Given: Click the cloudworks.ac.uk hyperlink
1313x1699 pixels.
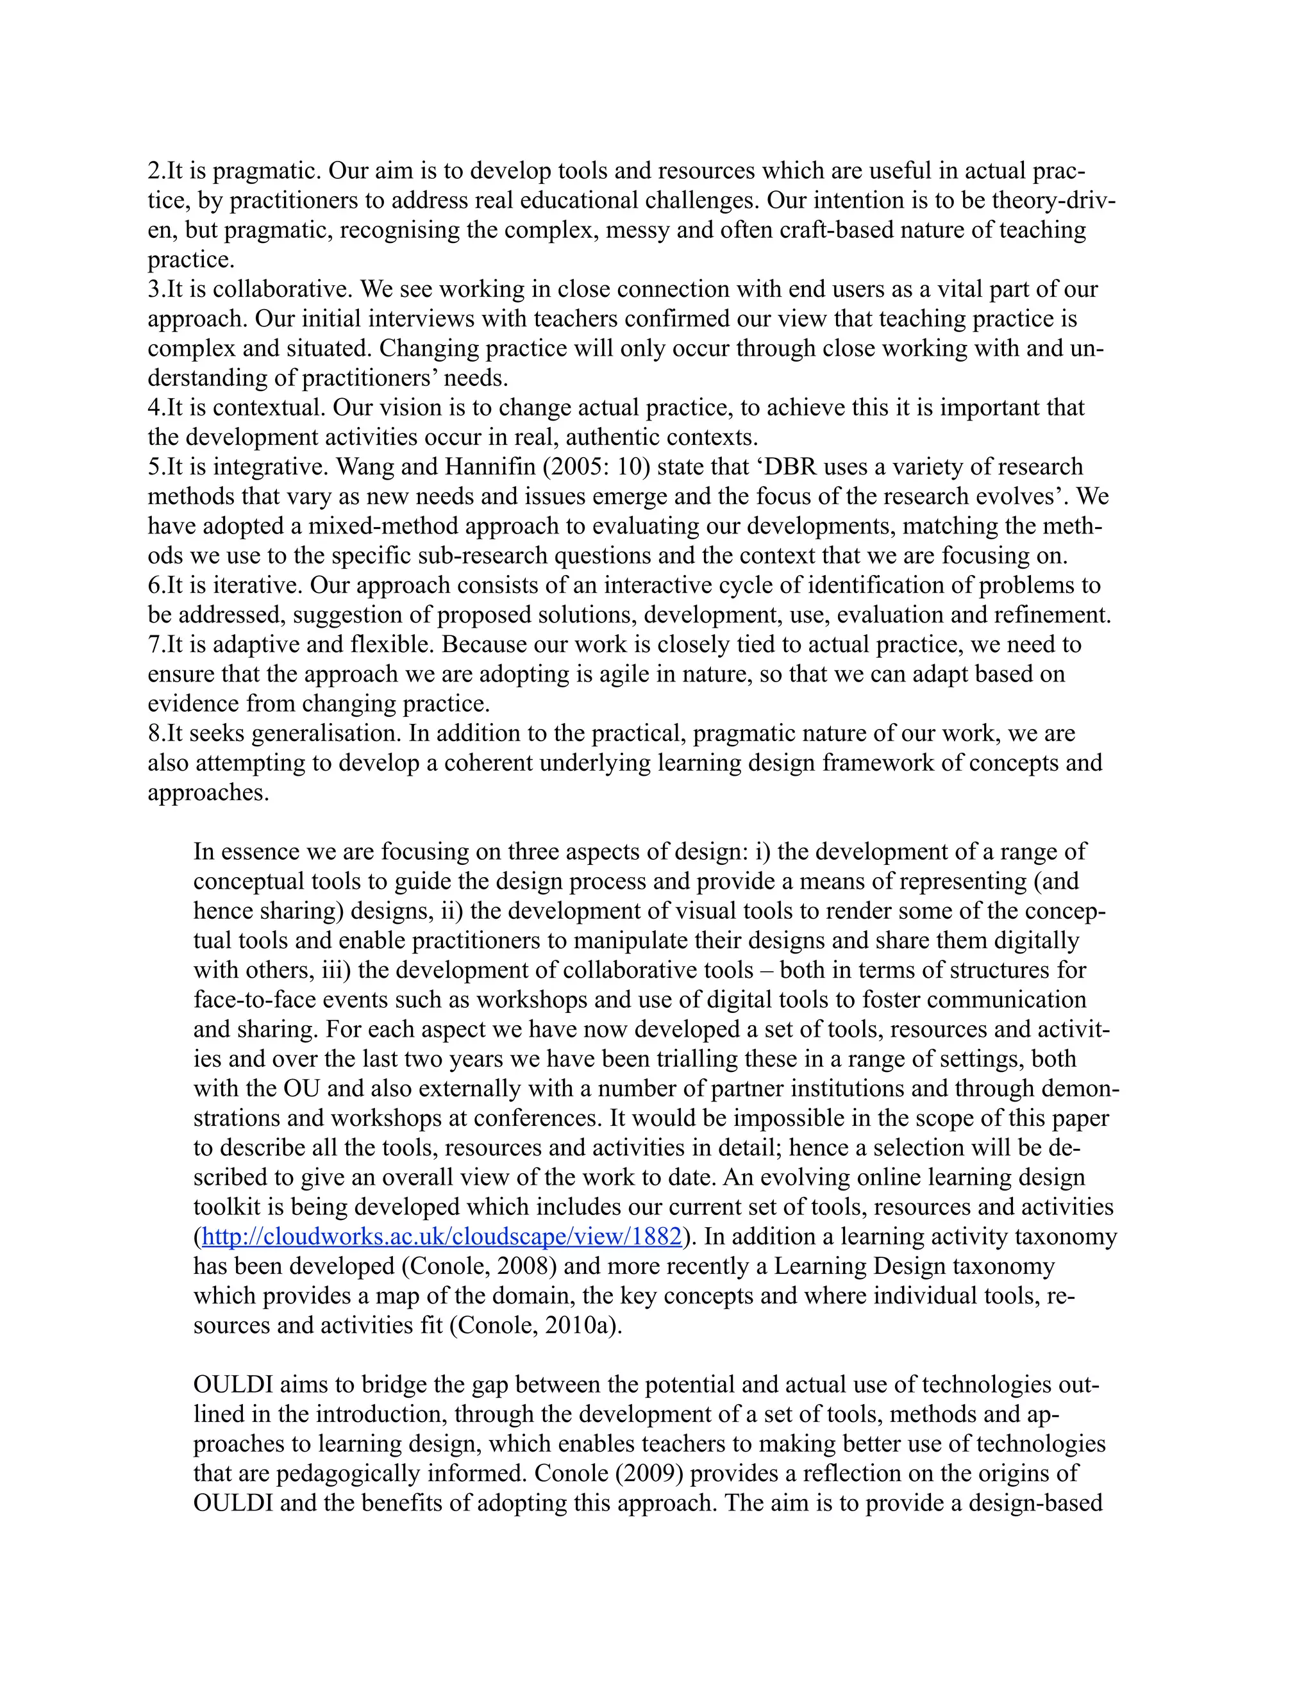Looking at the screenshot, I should tap(441, 1236).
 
